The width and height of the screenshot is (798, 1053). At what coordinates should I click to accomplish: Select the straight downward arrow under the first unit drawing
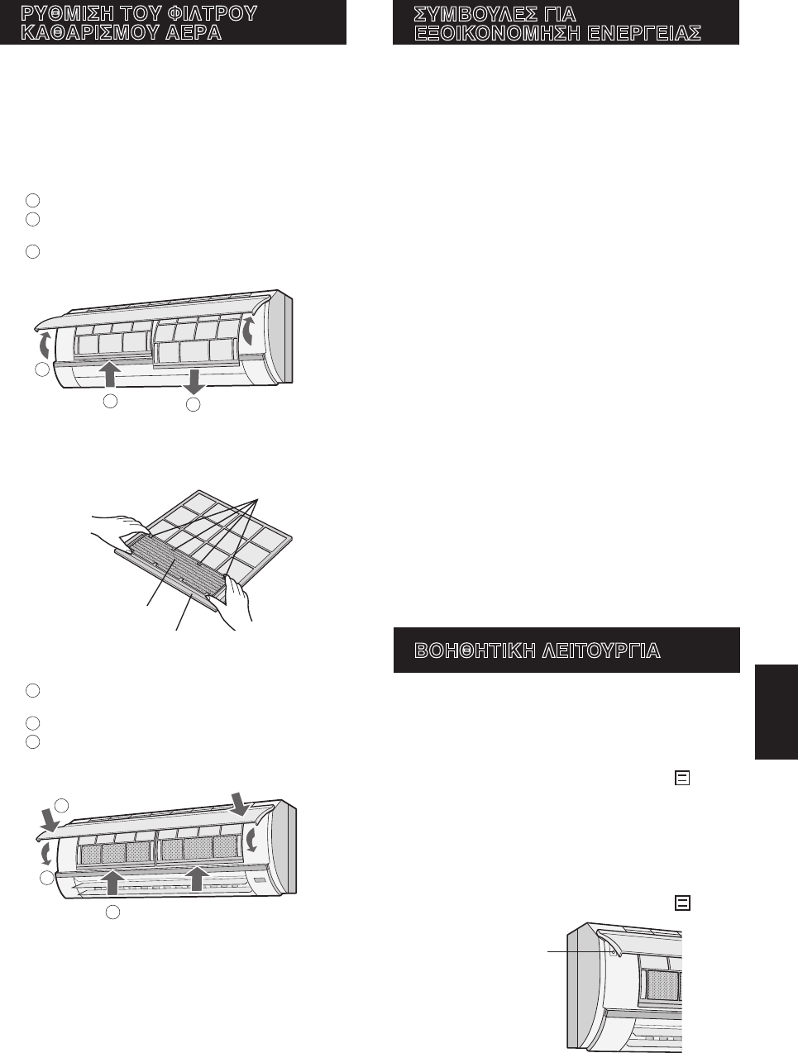(194, 381)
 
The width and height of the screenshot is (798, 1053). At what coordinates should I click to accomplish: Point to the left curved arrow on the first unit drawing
(45, 345)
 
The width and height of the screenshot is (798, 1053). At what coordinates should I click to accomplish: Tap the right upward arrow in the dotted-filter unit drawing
(196, 878)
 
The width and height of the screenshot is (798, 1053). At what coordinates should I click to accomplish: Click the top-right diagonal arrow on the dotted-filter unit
(240, 803)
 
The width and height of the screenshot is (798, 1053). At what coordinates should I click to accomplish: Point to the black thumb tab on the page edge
(776, 711)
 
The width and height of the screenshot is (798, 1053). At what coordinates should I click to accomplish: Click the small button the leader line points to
(613, 951)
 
